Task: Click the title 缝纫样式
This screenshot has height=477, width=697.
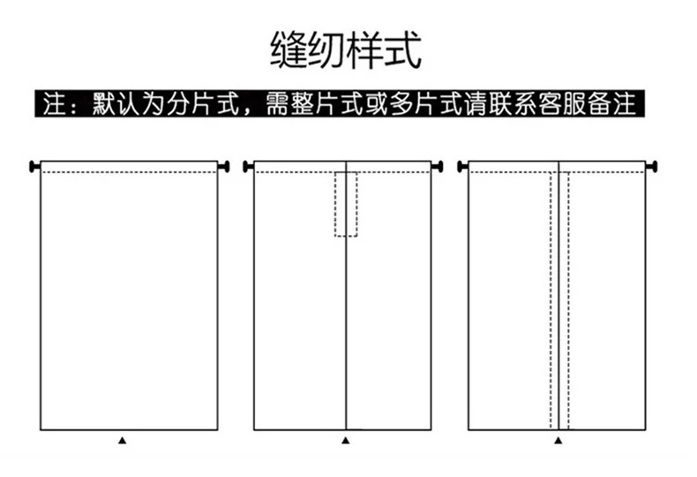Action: click(346, 49)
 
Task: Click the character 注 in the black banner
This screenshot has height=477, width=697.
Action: click(56, 104)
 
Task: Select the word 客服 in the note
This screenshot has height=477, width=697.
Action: click(558, 104)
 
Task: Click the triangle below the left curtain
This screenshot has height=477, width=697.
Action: click(123, 440)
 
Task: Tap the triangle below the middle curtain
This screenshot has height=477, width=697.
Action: click(346, 440)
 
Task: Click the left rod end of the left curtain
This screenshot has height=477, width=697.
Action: click(34, 166)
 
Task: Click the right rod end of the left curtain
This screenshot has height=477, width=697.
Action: click(224, 166)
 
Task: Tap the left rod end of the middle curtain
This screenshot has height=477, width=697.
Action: click(248, 166)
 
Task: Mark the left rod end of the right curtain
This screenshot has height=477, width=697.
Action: click(461, 166)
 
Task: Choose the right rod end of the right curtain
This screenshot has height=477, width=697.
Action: click(653, 166)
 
